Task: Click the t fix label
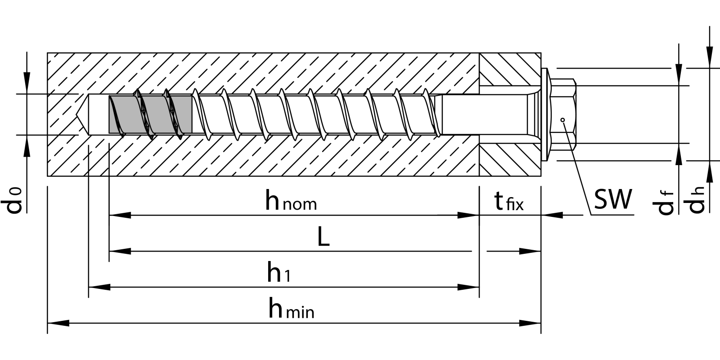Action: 509,201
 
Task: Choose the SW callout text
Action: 613,199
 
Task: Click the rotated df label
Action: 663,202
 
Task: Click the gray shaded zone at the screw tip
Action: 151,114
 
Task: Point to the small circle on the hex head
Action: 562,120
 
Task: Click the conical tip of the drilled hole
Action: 83,114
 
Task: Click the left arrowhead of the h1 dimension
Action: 99,287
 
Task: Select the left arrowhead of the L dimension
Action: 120,251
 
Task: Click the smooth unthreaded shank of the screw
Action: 486,114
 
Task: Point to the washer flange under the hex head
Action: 545,114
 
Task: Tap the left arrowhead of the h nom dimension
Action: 120,215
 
